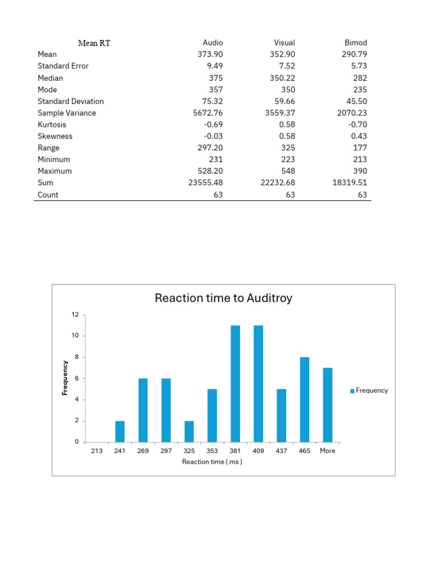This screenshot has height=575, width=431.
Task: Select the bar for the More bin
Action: click(328, 405)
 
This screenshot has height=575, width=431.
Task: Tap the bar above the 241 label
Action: click(120, 431)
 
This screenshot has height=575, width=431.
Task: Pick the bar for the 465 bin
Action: click(305, 399)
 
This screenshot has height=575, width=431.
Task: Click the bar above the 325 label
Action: click(189, 431)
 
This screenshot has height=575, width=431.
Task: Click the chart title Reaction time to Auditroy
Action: click(223, 298)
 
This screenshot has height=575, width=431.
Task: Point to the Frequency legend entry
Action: click(369, 390)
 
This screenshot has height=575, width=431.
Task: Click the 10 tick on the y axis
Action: click(75, 336)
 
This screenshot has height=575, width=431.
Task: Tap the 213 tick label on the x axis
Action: click(97, 450)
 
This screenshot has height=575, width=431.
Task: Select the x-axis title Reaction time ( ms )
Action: click(212, 462)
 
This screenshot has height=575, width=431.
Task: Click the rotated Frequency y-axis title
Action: click(65, 378)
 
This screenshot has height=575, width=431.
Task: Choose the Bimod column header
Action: click(356, 43)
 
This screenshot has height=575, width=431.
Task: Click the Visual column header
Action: click(285, 43)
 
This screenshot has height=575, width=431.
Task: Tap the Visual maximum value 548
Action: click(288, 171)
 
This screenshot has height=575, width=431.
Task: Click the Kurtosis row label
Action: click(52, 125)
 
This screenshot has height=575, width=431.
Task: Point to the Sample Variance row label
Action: click(67, 113)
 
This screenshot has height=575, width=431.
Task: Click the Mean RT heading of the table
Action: click(94, 43)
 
